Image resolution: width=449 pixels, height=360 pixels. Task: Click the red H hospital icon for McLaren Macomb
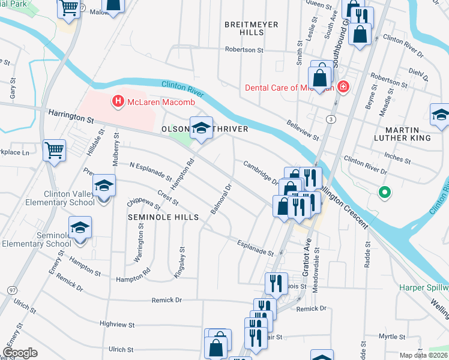point(118,101)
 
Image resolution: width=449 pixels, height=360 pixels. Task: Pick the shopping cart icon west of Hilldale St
point(54,149)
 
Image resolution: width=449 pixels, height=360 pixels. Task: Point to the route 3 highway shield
point(331,119)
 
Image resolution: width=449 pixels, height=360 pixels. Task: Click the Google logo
point(20,353)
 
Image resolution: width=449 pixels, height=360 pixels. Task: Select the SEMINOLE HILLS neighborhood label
point(163,217)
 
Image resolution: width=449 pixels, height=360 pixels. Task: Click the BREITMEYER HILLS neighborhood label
point(248,28)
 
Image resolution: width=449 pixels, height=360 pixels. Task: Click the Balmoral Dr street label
point(221,200)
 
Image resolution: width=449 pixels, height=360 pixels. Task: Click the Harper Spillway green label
point(424,287)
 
